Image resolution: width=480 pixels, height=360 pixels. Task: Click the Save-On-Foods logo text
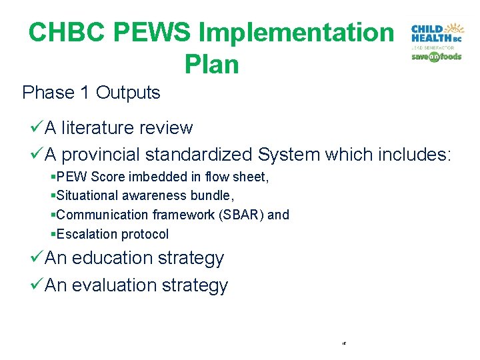[x=437, y=57]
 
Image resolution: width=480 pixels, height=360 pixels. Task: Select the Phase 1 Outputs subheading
[x=91, y=93]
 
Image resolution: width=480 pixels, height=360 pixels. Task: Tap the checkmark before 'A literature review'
[x=37, y=127]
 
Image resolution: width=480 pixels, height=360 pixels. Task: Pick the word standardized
[x=198, y=155]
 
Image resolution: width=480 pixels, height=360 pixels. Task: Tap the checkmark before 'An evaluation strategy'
[x=37, y=285]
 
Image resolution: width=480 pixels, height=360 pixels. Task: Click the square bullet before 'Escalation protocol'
[x=53, y=234]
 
